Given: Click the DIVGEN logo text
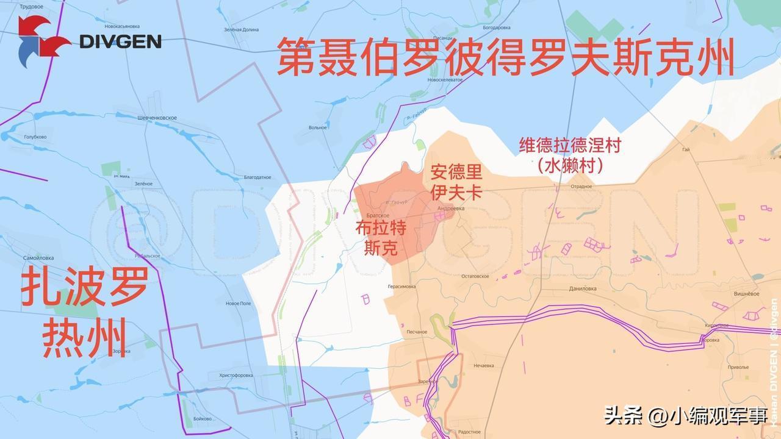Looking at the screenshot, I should point(120,41).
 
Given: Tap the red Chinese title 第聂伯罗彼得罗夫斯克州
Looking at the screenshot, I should point(505,57).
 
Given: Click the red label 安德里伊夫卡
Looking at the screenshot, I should point(456,182).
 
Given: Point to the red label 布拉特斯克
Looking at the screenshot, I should point(381,237).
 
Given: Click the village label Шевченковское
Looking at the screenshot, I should point(157,118).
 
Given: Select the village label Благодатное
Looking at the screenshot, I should point(257,177).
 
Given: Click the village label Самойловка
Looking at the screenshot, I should point(38,258).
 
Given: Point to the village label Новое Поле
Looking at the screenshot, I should point(238,303).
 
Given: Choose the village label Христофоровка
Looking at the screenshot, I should point(236,375).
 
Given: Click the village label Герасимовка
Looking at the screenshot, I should point(401,286).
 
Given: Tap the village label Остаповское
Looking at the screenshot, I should point(475,276).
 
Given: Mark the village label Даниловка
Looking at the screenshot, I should point(583,289).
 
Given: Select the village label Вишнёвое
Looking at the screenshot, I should point(746,293).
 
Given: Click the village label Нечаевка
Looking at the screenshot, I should point(487,366).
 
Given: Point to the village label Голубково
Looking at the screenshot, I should point(35,137).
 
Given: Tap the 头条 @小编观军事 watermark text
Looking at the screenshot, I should point(685,416).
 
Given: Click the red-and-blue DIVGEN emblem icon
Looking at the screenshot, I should point(41,41).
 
